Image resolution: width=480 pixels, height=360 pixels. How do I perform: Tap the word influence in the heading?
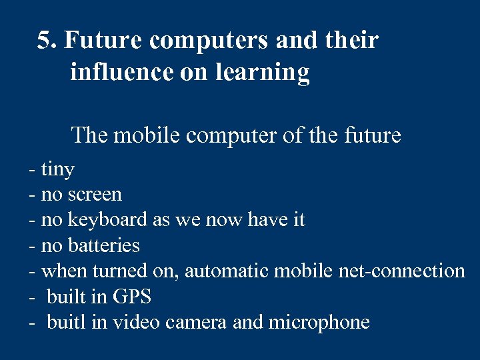coord(120,72)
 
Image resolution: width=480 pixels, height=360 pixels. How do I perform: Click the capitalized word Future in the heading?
coord(103,41)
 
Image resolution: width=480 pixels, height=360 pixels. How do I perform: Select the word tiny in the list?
coord(57,170)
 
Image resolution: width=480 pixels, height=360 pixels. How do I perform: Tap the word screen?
coord(95,195)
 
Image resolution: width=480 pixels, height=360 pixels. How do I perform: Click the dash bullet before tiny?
coord(32,170)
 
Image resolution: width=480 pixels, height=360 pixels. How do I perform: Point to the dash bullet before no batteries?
coord(32,246)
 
